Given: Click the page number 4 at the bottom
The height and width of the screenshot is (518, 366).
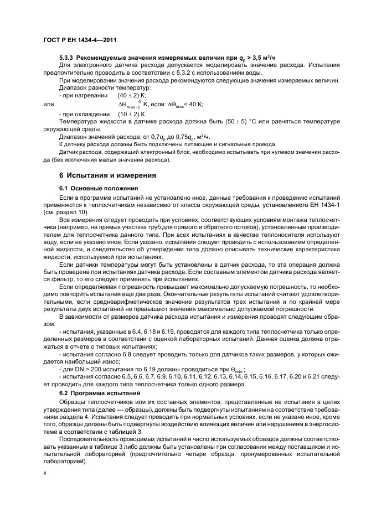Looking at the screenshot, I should coord(45,473).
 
